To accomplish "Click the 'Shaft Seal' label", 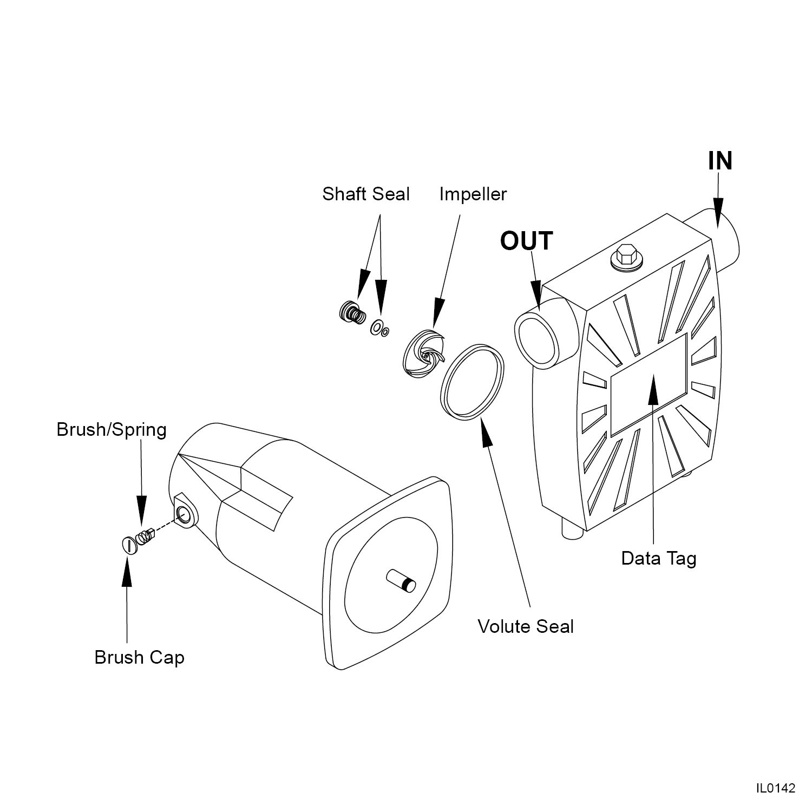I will coord(366,194).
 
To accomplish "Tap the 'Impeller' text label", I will coord(473,194).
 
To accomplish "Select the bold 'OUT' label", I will coord(526,241).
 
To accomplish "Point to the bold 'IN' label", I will coord(720,161).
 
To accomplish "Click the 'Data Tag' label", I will coord(658,558).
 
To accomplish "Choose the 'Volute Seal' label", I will coord(525,626).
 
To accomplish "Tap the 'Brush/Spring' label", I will coord(112,430).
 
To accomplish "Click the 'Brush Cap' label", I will coord(139,657).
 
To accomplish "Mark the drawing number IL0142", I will coord(776,788).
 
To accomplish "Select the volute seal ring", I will coord(473,381).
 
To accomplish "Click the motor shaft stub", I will coord(401,580).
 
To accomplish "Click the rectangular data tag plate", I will coord(649,384).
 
